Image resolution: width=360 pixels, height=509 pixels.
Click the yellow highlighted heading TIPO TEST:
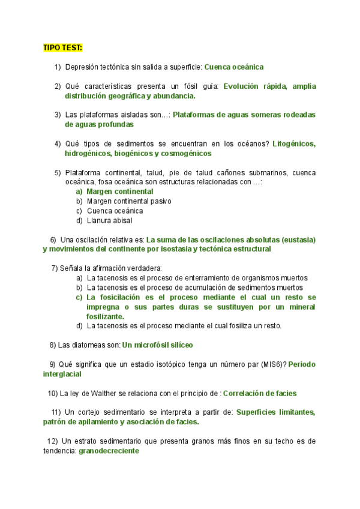click(63, 47)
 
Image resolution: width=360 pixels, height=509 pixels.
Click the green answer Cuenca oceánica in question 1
click(234, 67)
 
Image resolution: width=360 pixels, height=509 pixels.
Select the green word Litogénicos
click(294, 144)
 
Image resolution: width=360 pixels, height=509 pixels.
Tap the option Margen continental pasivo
click(129, 201)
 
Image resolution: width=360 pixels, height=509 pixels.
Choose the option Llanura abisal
click(111, 220)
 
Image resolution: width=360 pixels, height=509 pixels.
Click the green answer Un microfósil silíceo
click(157, 345)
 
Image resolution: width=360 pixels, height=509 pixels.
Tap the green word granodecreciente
click(109, 451)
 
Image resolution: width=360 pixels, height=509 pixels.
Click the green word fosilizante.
click(106, 316)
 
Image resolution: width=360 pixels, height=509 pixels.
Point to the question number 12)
click(52, 441)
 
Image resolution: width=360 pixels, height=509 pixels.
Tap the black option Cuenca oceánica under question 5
click(115, 211)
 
